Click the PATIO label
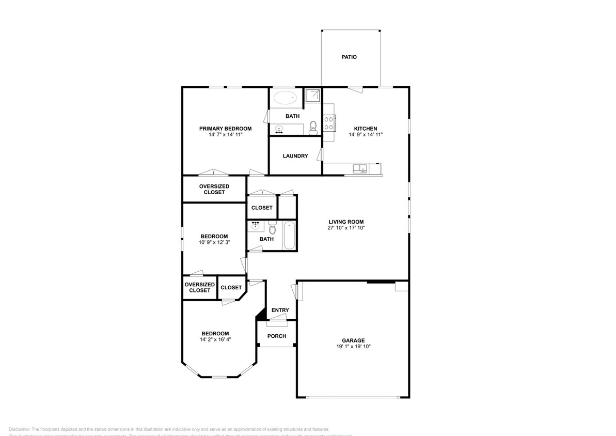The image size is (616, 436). point(349,57)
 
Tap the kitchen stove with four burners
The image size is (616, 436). point(329,123)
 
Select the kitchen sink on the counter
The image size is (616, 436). point(359,169)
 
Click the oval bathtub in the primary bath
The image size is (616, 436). point(285,97)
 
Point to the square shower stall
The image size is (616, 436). point(312,97)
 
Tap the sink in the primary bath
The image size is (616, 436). point(280,129)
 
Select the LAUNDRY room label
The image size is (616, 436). point(295,156)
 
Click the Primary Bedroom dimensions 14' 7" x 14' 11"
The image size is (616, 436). point(225,134)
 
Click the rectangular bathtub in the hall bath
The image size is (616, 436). point(289,235)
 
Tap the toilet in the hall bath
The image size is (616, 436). point(273,227)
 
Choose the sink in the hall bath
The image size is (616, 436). point(255,225)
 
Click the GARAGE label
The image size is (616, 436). point(353,340)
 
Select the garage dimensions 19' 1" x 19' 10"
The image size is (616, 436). point(353,347)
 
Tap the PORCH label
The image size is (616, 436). point(277,336)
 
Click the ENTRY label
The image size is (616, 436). point(280,310)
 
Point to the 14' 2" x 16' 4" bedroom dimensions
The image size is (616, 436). point(215,340)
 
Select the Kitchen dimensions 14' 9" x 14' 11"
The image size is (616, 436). point(365,134)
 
